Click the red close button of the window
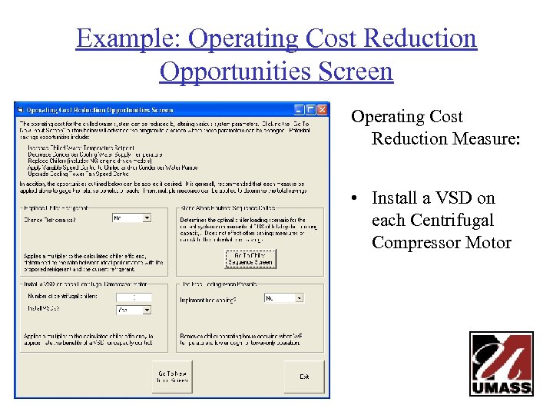coord(323,110)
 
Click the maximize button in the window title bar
coord(311,110)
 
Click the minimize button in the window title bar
coord(300,110)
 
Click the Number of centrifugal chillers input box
coord(134,297)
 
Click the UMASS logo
coord(502,364)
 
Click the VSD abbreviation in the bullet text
coord(459,198)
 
